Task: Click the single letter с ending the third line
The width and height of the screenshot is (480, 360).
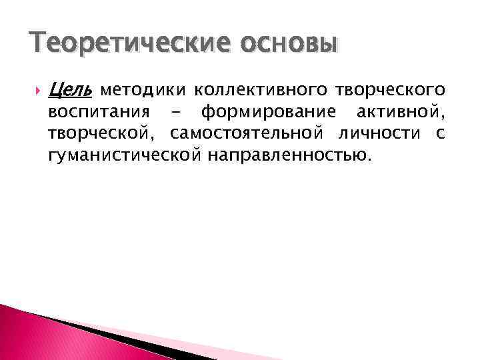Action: tap(439, 133)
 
